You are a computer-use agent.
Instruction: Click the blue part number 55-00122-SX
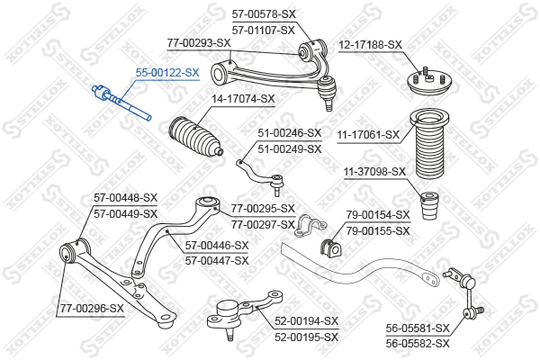[x=167, y=73]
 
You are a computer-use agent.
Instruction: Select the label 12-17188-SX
[x=370, y=45]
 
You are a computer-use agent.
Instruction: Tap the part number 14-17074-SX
[x=243, y=99]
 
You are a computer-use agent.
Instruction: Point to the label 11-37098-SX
[x=374, y=171]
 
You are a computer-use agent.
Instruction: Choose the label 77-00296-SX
[x=92, y=309]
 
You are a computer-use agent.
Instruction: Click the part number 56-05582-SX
[x=418, y=344]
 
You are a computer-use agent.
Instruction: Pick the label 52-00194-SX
[x=307, y=321]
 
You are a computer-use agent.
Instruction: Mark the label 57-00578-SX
[x=264, y=14]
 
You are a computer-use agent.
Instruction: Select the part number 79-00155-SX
[x=378, y=230]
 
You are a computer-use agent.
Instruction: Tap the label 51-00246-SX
[x=290, y=132]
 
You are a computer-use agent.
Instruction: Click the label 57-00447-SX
[x=217, y=261]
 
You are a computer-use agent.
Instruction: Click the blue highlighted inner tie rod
[x=121, y=103]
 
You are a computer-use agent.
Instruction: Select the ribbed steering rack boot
[x=195, y=137]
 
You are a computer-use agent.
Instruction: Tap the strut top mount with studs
[x=428, y=82]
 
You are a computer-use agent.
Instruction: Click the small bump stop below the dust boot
[x=430, y=206]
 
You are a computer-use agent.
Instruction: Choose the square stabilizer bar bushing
[x=331, y=247]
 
